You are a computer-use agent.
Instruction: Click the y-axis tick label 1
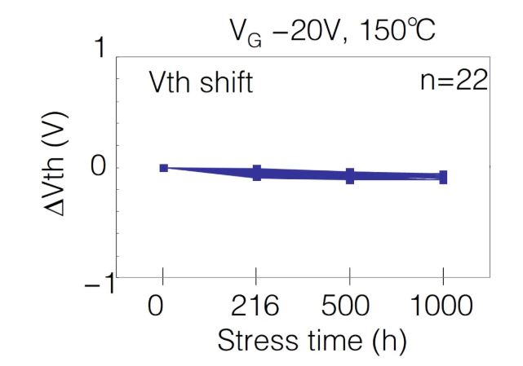pos(100,51)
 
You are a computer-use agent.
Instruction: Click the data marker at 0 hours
pos(163,168)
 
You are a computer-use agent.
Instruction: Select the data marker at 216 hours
pos(257,172)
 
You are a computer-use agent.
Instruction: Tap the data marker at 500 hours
pos(350,175)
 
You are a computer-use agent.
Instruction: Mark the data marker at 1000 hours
pos(443,177)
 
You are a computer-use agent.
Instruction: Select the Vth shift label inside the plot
pos(200,82)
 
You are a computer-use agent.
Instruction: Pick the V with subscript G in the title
pos(237,35)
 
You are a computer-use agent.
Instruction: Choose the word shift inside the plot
pos(224,82)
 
